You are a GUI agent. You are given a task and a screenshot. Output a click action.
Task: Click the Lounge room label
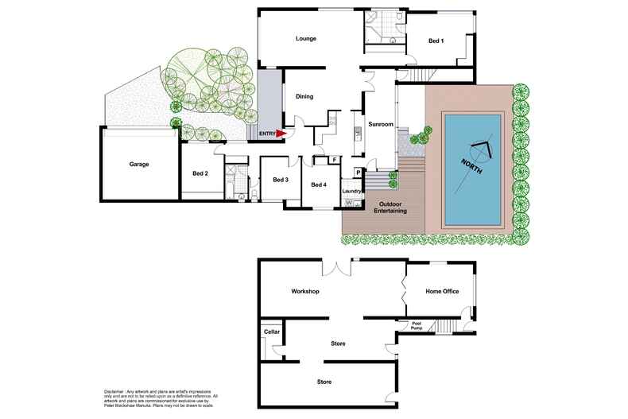coord(306,39)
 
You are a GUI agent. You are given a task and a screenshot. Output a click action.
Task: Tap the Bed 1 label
coord(436,41)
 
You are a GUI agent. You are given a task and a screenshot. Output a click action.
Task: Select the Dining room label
coord(304,97)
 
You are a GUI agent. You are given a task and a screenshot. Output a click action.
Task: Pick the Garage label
coord(140,165)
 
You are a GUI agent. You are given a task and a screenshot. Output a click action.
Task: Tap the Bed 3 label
coord(281,180)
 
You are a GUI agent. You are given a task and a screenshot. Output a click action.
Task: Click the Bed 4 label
coord(319,184)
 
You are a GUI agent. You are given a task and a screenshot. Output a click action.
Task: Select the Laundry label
coord(352,191)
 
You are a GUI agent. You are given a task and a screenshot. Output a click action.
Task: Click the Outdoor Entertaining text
coord(390,207)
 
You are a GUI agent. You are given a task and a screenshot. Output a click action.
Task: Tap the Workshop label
coord(305,292)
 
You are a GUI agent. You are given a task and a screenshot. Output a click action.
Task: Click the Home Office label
coord(443,292)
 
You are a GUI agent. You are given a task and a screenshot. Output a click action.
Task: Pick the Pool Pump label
coord(416,324)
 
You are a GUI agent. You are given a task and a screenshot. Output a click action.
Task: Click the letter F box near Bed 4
coord(335,160)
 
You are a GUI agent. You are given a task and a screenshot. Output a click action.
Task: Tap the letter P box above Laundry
coord(359,172)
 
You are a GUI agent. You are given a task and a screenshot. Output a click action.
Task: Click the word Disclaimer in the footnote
coord(118,392)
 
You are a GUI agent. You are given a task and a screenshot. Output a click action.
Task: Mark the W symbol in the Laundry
coord(348,202)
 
